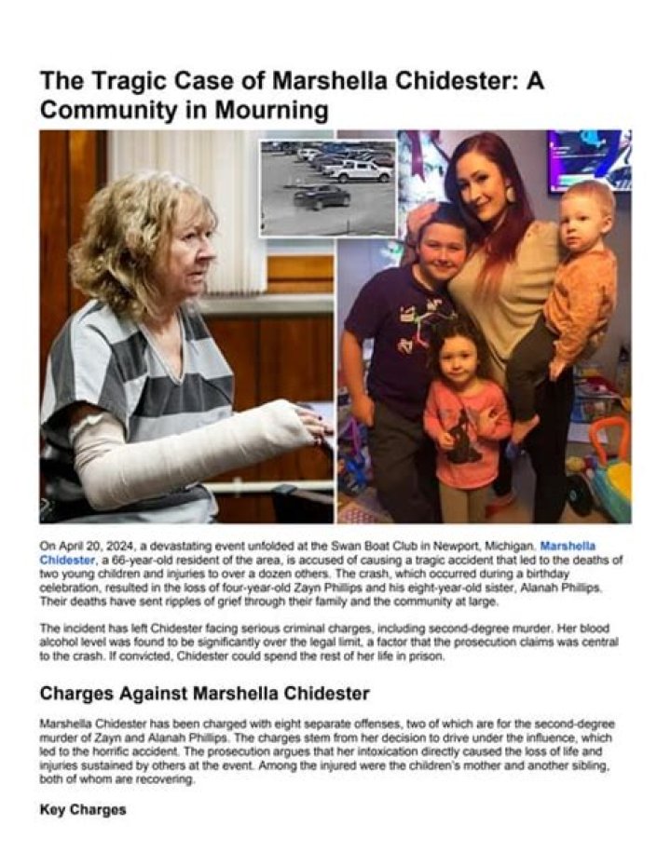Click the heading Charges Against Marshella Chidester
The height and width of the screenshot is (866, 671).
(x=204, y=694)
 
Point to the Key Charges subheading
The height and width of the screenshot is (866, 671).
(x=83, y=809)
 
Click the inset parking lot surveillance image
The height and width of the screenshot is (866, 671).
(x=328, y=186)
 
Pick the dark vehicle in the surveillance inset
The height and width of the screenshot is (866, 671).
(x=322, y=196)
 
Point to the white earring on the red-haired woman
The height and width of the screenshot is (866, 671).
(x=510, y=194)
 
